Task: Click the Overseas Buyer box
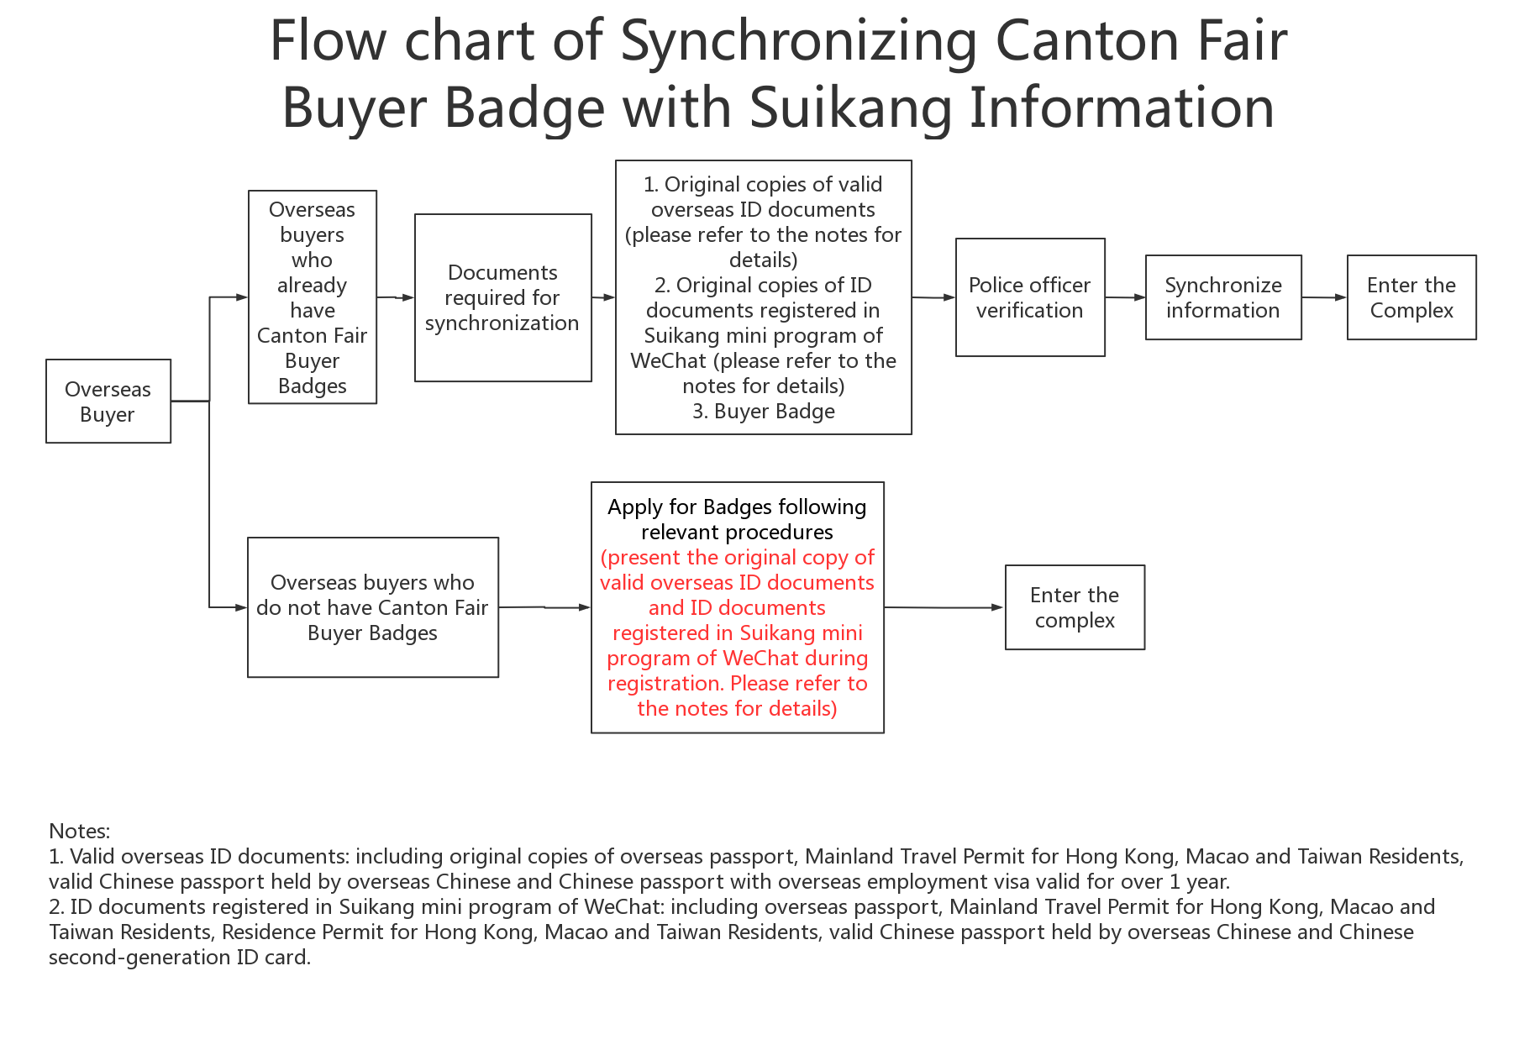pos(108,402)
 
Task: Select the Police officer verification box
pos(1030,297)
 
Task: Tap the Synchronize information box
pos(1223,297)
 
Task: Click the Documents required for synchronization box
pos(503,297)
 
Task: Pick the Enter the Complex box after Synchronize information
pos(1411,297)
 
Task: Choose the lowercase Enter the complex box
pos(1075,607)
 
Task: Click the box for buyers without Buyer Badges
pos(373,607)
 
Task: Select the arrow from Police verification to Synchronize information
pos(1125,297)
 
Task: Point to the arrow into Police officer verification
pos(933,297)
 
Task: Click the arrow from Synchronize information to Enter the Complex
pos(1324,297)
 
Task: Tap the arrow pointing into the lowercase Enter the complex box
pos(944,607)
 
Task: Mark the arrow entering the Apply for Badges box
pos(544,607)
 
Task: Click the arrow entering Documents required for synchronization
pos(396,297)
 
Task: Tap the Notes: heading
pos(80,831)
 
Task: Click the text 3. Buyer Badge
pos(764,411)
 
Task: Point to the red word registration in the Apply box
pos(665,684)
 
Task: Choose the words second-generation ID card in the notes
pos(180,957)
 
